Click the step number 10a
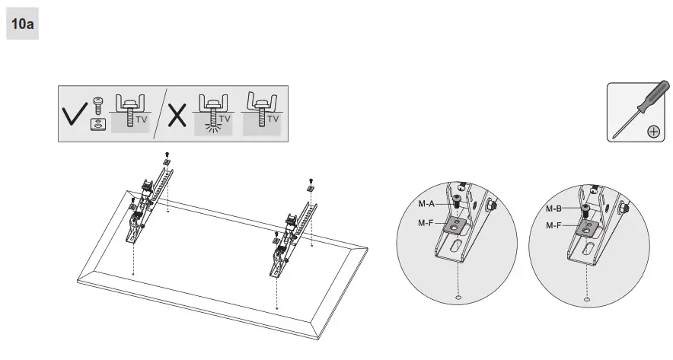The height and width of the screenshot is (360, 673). (21, 26)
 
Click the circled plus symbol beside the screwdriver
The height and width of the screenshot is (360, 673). (652, 131)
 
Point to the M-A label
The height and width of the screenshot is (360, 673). (426, 203)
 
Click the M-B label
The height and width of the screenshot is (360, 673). (555, 208)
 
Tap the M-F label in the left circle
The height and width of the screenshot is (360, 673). (426, 223)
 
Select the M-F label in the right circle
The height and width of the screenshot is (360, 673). (555, 225)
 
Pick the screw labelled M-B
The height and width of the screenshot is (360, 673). (585, 209)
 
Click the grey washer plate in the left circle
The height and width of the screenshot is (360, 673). (458, 225)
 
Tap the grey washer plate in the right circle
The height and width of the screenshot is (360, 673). (587, 226)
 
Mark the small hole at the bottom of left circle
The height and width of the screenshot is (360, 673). (458, 298)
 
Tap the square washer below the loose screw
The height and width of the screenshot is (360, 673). (97, 124)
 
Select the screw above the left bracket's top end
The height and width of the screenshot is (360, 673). (166, 154)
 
